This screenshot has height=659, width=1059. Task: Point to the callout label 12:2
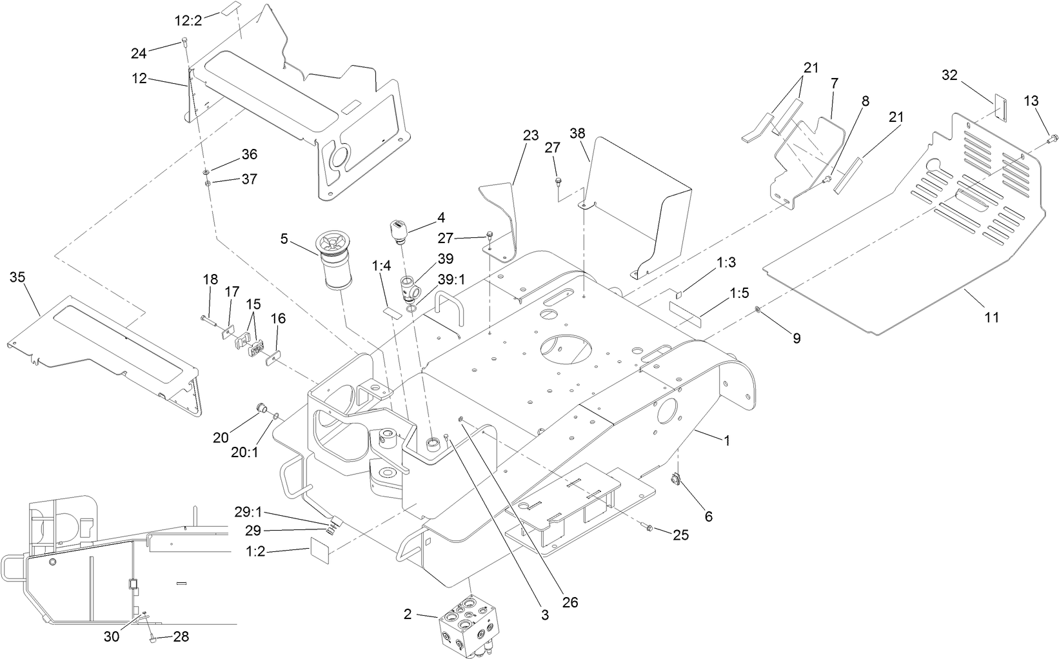[x=188, y=20]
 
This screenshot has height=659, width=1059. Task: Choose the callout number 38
[x=578, y=133]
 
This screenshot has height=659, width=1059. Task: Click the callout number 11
[x=991, y=317]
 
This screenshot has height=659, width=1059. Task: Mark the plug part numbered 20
[x=262, y=408]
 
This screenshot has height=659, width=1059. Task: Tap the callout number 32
[x=950, y=75]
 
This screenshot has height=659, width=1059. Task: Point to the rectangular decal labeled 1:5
[x=687, y=307]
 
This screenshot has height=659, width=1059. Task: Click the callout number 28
[x=181, y=637]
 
